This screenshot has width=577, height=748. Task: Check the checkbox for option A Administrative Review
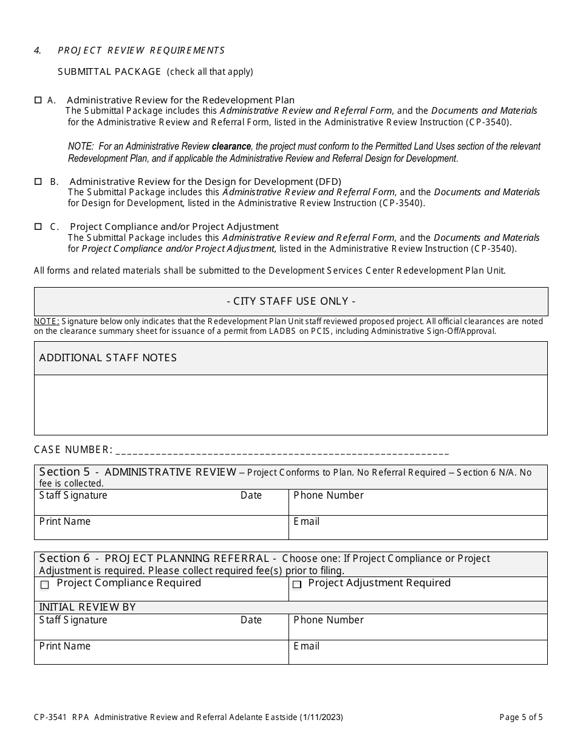38,100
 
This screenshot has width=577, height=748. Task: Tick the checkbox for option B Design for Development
38,181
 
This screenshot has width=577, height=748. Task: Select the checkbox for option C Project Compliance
38,226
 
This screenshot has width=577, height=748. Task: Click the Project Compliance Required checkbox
44,585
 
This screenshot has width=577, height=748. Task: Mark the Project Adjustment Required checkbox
297,585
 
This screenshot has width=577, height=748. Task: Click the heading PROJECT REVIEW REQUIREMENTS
141,50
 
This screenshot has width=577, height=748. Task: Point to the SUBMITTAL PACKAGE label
109,72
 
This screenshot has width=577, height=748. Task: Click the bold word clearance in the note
231,147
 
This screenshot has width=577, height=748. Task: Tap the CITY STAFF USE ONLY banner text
291,301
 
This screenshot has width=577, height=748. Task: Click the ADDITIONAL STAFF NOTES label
108,358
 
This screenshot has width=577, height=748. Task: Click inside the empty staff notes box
291,404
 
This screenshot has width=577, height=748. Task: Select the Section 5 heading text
138,472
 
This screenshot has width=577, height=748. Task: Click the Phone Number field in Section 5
418,503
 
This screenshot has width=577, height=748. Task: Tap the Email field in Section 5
418,528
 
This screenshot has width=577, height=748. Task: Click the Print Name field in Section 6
161,653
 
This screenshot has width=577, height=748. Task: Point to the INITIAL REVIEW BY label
87,607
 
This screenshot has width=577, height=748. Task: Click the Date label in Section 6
251,620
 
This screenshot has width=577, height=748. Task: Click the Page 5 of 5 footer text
521,717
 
